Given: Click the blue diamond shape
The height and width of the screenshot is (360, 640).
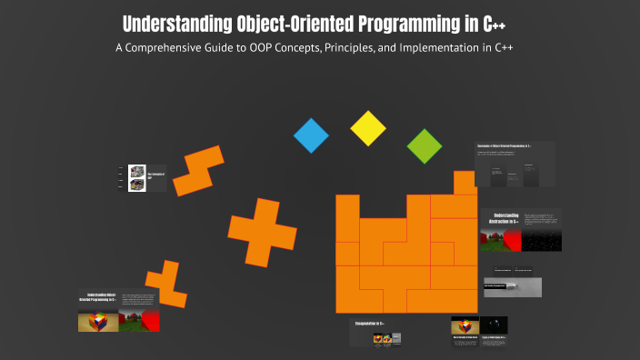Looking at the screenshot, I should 311,135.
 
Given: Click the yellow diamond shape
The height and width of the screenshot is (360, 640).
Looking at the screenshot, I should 368,128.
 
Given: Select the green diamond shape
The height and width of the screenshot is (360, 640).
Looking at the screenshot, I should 424,145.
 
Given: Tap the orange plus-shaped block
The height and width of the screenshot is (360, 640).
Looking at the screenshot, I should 262,232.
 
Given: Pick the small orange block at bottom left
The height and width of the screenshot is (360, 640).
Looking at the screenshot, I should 166,285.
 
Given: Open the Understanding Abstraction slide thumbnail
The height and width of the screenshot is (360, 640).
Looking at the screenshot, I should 520,228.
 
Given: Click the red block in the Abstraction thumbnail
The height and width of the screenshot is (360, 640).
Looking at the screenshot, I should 512,241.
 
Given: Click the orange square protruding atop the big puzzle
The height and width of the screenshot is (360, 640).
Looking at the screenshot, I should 465,182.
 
